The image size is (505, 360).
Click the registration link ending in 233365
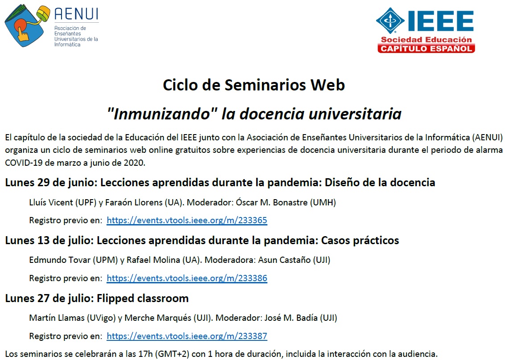click(187, 220)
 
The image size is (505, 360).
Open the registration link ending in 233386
click(187, 278)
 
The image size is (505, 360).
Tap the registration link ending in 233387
click(187, 336)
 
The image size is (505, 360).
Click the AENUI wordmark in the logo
click(76, 14)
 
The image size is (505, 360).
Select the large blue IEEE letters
click(440, 21)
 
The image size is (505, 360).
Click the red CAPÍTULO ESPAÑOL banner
click(426, 49)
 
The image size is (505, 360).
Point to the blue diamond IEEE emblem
click(390, 20)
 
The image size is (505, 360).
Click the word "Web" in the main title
click(328, 85)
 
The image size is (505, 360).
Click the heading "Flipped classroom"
click(143, 299)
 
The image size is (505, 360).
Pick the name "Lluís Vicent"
click(51, 203)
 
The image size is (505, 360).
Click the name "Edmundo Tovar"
click(60, 260)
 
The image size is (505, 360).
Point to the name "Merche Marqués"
click(158, 318)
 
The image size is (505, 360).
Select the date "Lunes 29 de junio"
click(51, 183)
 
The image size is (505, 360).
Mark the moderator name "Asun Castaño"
click(284, 260)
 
